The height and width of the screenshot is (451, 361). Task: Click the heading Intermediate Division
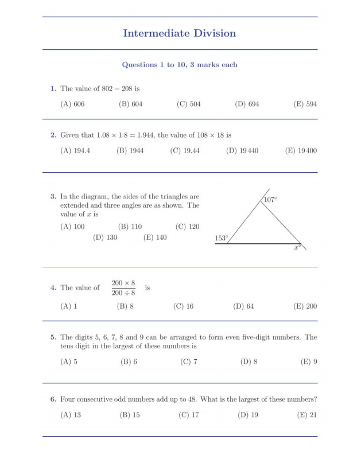coord(179,33)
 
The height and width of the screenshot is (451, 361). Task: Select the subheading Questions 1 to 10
coord(179,65)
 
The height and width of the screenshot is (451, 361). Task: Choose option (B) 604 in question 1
coord(130,104)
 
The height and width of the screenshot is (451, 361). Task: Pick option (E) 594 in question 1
coord(305,104)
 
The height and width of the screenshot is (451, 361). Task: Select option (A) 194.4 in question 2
coord(75,151)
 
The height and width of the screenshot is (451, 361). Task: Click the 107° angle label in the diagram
coord(270,200)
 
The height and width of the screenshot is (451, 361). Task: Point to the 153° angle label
coord(222,238)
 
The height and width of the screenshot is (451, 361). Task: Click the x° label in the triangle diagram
coord(297,247)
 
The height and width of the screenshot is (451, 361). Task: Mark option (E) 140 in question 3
coord(155,238)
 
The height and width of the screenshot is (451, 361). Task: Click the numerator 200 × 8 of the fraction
coord(123,283)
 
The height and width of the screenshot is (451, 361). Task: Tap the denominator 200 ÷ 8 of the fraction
coord(123,293)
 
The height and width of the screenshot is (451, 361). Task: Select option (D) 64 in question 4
coord(243,306)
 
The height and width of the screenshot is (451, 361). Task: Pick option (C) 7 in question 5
coord(189,362)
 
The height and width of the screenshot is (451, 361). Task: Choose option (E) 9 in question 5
coord(309,362)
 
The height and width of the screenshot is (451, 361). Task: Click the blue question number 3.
coord(53,197)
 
